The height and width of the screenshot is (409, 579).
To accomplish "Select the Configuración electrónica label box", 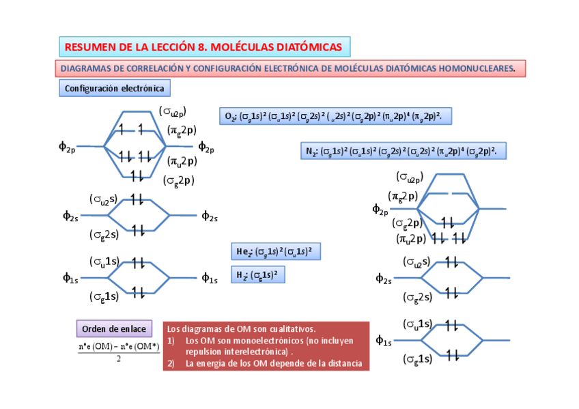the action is tap(114, 88).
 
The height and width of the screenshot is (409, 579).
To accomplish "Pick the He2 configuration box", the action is tap(275, 251).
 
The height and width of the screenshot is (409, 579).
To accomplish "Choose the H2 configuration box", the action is tap(257, 275).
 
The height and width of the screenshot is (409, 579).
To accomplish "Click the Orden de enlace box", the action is tap(114, 329).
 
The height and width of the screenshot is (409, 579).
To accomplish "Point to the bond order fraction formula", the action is tap(119, 351).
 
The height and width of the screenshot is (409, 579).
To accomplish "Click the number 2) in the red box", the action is tap(171, 363).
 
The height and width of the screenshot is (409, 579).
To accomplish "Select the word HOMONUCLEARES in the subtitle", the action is tap(481, 69).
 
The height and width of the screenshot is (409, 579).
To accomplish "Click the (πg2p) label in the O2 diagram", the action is tap(182, 129).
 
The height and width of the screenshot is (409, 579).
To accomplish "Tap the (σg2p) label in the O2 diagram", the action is tap(179, 180).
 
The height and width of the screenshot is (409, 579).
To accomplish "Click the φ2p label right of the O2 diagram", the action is tap(206, 146).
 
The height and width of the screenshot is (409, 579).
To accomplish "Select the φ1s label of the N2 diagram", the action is tap(383, 340).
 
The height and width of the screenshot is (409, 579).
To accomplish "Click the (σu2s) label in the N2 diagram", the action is tap(416, 262).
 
